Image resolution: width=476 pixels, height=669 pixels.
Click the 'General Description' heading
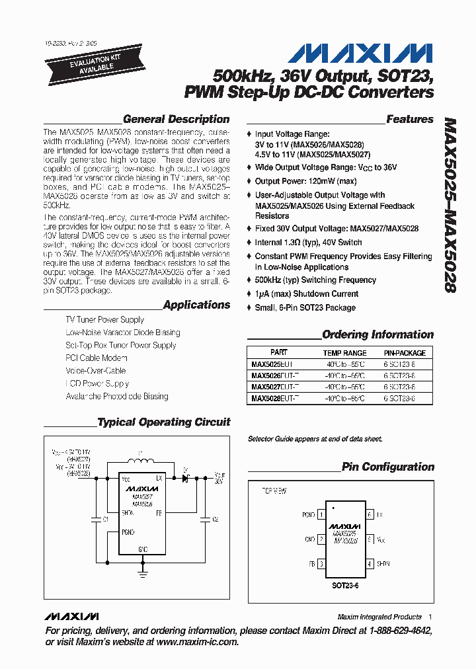point(176,120)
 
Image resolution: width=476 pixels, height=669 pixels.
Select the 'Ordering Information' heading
point(377,334)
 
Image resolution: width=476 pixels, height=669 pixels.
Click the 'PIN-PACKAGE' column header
point(405,353)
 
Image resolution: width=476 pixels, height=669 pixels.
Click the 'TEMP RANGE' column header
point(344,353)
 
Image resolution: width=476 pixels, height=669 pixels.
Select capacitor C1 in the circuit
point(97,520)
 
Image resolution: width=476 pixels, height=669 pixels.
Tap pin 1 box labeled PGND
point(321,514)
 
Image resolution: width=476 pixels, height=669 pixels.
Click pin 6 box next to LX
point(370,514)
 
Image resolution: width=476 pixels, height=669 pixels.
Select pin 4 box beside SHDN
point(370,564)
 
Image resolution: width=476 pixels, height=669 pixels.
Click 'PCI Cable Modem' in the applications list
point(96,358)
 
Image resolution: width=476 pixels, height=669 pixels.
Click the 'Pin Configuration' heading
point(387,467)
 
